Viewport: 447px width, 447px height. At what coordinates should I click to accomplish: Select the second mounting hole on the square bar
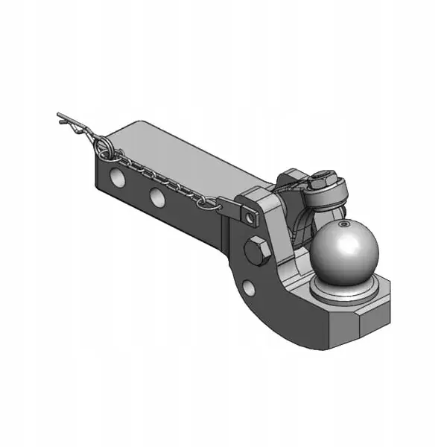(x=156, y=197)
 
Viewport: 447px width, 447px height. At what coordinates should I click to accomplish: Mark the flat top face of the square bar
(x=194, y=156)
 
